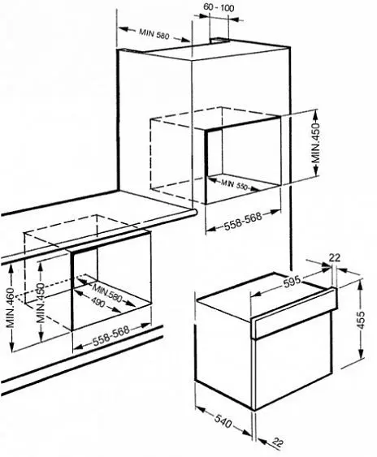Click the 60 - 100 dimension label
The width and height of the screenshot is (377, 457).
tap(219, 7)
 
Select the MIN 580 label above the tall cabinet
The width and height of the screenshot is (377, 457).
tap(154, 33)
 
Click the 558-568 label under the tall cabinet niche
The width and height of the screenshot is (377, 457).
tap(243, 221)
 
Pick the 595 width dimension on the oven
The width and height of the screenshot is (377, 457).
tap(292, 281)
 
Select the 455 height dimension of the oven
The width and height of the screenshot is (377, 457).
tap(362, 320)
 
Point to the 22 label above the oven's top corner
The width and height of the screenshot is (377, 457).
tap(335, 257)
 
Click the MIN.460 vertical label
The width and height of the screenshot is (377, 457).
tap(11, 308)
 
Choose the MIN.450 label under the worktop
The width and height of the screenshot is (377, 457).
tap(41, 303)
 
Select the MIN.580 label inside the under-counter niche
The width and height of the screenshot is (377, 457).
tap(106, 293)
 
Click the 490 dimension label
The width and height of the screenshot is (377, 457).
tap(97, 302)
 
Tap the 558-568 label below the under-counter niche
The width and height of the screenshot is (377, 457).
tap(110, 334)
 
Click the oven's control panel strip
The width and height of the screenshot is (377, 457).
tap(295, 313)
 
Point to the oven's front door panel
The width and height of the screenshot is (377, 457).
tap(293, 366)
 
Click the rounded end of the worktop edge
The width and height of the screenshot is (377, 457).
tap(193, 213)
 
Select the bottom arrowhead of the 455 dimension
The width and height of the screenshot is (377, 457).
tap(362, 355)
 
